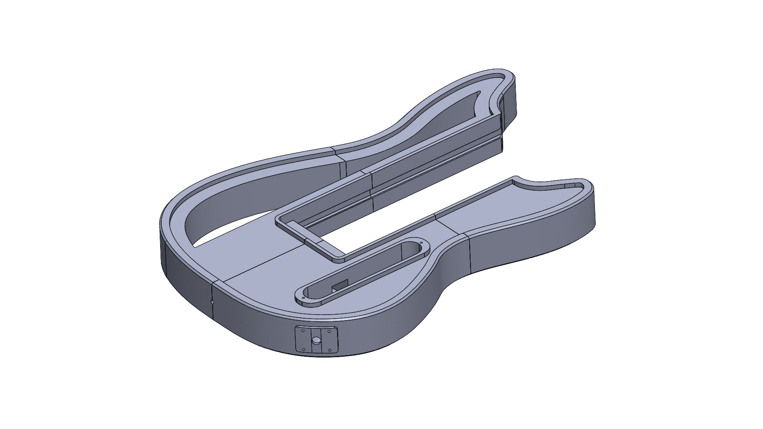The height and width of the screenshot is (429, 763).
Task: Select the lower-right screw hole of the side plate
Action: click(330, 350)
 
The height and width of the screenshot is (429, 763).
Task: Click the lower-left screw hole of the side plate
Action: click(304, 349)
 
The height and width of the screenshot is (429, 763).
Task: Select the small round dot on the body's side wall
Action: click(212, 302)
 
